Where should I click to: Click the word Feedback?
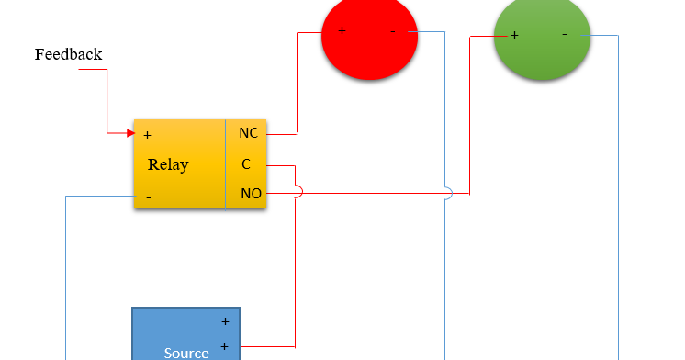tap(68, 54)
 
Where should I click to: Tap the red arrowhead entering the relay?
tap(130, 133)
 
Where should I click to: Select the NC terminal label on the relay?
tap(248, 133)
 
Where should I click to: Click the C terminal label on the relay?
tap(246, 164)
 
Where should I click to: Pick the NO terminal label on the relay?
tap(250, 194)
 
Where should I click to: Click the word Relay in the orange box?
tap(168, 165)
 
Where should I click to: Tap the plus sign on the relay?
tap(147, 135)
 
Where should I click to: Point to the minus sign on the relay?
tap(148, 197)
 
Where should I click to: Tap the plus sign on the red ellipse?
tap(342, 30)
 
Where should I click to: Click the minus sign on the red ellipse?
tap(393, 30)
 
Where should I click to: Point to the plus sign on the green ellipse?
tap(514, 35)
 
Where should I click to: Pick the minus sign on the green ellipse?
tap(564, 34)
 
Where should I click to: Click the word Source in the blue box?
tap(186, 352)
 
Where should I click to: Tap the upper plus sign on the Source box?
tap(224, 322)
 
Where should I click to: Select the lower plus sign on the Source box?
tap(224, 346)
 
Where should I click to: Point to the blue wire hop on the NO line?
tap(447, 193)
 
